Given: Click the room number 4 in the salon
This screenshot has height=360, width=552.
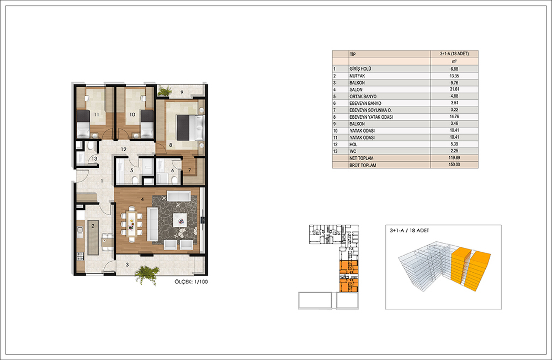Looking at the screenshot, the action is pyautogui.click(x=142, y=199).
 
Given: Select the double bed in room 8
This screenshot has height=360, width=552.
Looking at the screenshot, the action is pyautogui.click(x=190, y=127).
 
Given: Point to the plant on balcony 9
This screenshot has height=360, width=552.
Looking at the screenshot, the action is pyautogui.click(x=164, y=91).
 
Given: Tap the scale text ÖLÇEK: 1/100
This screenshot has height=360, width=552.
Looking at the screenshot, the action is pyautogui.click(x=191, y=282).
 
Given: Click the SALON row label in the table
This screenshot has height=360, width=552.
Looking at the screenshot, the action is pyautogui.click(x=356, y=90).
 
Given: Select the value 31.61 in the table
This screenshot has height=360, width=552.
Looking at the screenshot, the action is pyautogui.click(x=454, y=89).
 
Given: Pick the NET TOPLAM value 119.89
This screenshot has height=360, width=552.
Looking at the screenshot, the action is pyautogui.click(x=454, y=158).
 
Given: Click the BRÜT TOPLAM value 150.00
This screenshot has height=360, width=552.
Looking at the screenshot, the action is pyautogui.click(x=454, y=165).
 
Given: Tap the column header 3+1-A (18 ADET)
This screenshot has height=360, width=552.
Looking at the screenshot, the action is pyautogui.click(x=454, y=54).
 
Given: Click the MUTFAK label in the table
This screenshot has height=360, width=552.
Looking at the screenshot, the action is pyautogui.click(x=357, y=76).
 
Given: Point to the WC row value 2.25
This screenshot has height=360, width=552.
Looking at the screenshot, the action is pyautogui.click(x=454, y=151).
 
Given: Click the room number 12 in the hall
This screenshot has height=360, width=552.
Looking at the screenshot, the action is pyautogui.click(x=124, y=149).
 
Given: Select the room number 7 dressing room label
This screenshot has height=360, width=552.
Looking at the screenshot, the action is pyautogui.click(x=189, y=171).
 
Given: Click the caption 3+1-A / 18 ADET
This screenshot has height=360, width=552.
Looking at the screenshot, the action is pyautogui.click(x=410, y=230).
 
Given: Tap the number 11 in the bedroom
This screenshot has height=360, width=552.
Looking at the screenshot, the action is pyautogui.click(x=97, y=114).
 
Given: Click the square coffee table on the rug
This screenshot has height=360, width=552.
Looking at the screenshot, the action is pyautogui.click(x=181, y=221).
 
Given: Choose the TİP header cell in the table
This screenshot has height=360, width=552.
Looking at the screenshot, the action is pyautogui.click(x=352, y=54).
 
